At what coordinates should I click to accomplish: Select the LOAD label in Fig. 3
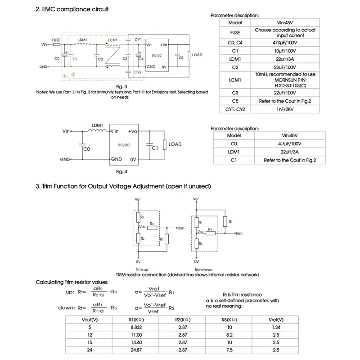coord(197,55)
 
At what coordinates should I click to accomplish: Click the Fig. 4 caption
coord(122,171)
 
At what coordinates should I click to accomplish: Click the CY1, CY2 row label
coord(235,109)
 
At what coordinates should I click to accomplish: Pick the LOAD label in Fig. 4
coord(175,144)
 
